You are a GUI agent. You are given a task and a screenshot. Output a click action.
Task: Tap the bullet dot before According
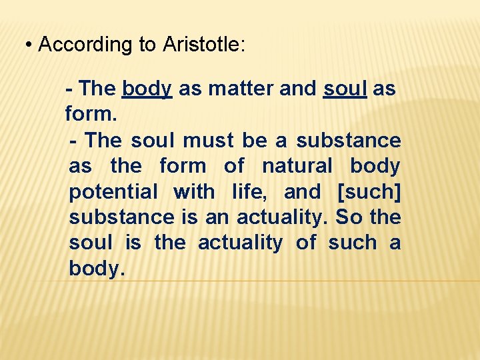tap(29, 45)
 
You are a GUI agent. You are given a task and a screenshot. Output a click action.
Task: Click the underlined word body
tap(147, 89)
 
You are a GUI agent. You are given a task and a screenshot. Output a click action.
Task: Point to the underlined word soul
tap(345, 89)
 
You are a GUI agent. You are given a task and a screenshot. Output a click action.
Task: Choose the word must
tap(208, 141)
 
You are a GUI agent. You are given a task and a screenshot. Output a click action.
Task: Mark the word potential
tap(113, 192)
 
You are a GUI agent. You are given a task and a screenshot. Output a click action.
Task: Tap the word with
tap(194, 192)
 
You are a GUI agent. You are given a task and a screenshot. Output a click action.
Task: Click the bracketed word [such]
tap(369, 192)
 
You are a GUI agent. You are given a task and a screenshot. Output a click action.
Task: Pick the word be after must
tap(255, 141)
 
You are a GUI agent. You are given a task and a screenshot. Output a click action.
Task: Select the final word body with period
tap(97, 269)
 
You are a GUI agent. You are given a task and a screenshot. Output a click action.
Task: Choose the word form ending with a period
tap(91, 115)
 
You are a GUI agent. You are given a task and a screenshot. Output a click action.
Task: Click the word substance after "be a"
tap(349, 141)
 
